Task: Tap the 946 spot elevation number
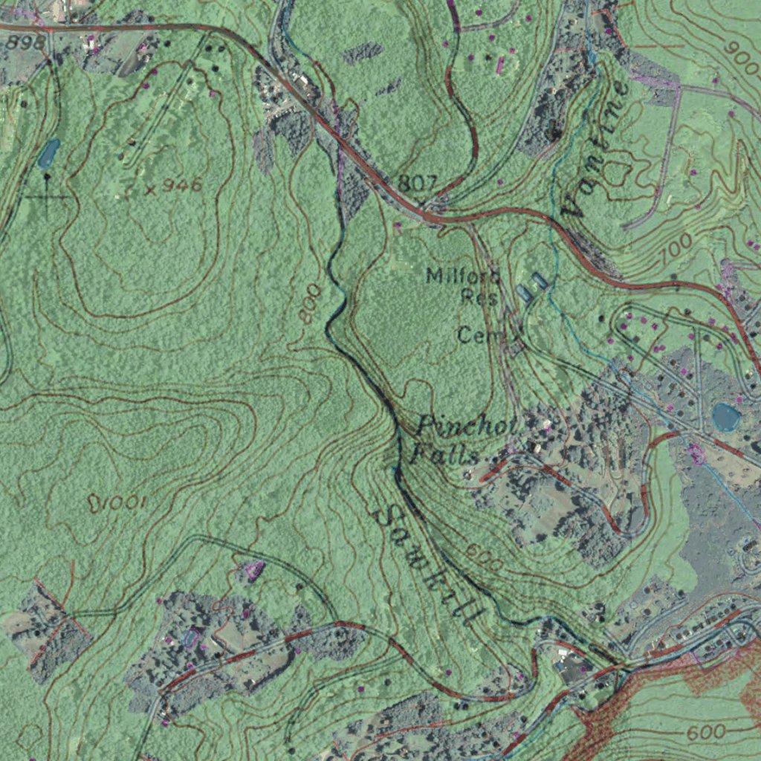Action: coord(182,185)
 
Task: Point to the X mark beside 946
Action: coord(150,190)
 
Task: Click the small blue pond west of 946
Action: coord(48,153)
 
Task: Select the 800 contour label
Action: coord(311,302)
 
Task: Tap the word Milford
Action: coord(462,276)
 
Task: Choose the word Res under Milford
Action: coord(479,297)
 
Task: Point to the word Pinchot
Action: coord(470,427)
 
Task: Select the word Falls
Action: coord(445,453)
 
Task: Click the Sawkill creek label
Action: coord(429,566)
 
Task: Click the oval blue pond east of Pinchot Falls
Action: coord(725,417)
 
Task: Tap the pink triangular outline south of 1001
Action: coord(253,571)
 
